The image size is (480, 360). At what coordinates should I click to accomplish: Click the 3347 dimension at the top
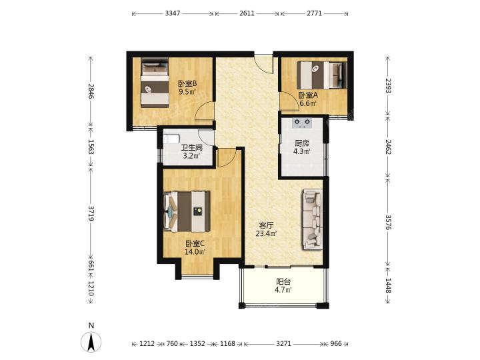(x=173, y=13)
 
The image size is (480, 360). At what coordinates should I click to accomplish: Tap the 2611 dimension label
(x=247, y=13)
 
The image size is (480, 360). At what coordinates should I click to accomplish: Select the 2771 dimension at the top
(x=314, y=13)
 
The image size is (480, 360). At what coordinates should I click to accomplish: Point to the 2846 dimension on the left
(x=91, y=91)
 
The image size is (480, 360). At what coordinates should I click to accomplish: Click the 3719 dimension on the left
(x=91, y=213)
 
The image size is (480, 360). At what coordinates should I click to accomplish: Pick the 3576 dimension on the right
(x=388, y=222)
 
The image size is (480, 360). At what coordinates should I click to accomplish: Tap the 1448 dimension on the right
(x=388, y=285)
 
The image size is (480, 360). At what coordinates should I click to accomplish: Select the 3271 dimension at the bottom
(x=283, y=344)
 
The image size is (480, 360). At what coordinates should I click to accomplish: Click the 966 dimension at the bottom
(x=336, y=344)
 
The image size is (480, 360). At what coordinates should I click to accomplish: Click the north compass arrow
(x=91, y=341)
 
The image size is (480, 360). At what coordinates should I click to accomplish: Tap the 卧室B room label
(x=187, y=83)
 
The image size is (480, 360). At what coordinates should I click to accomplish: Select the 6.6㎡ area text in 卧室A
(x=308, y=103)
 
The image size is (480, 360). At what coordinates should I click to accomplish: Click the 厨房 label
(x=302, y=143)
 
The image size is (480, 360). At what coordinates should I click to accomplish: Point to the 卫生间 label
(x=191, y=148)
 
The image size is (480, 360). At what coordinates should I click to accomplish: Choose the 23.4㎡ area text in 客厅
(x=266, y=234)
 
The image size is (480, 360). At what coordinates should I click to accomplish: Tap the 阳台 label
(x=283, y=281)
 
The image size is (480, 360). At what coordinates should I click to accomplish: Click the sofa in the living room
(x=313, y=219)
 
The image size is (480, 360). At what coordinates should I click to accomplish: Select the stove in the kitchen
(x=303, y=123)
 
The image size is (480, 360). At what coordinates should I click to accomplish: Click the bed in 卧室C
(x=187, y=211)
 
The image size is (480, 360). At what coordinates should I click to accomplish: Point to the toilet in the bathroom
(x=171, y=139)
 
